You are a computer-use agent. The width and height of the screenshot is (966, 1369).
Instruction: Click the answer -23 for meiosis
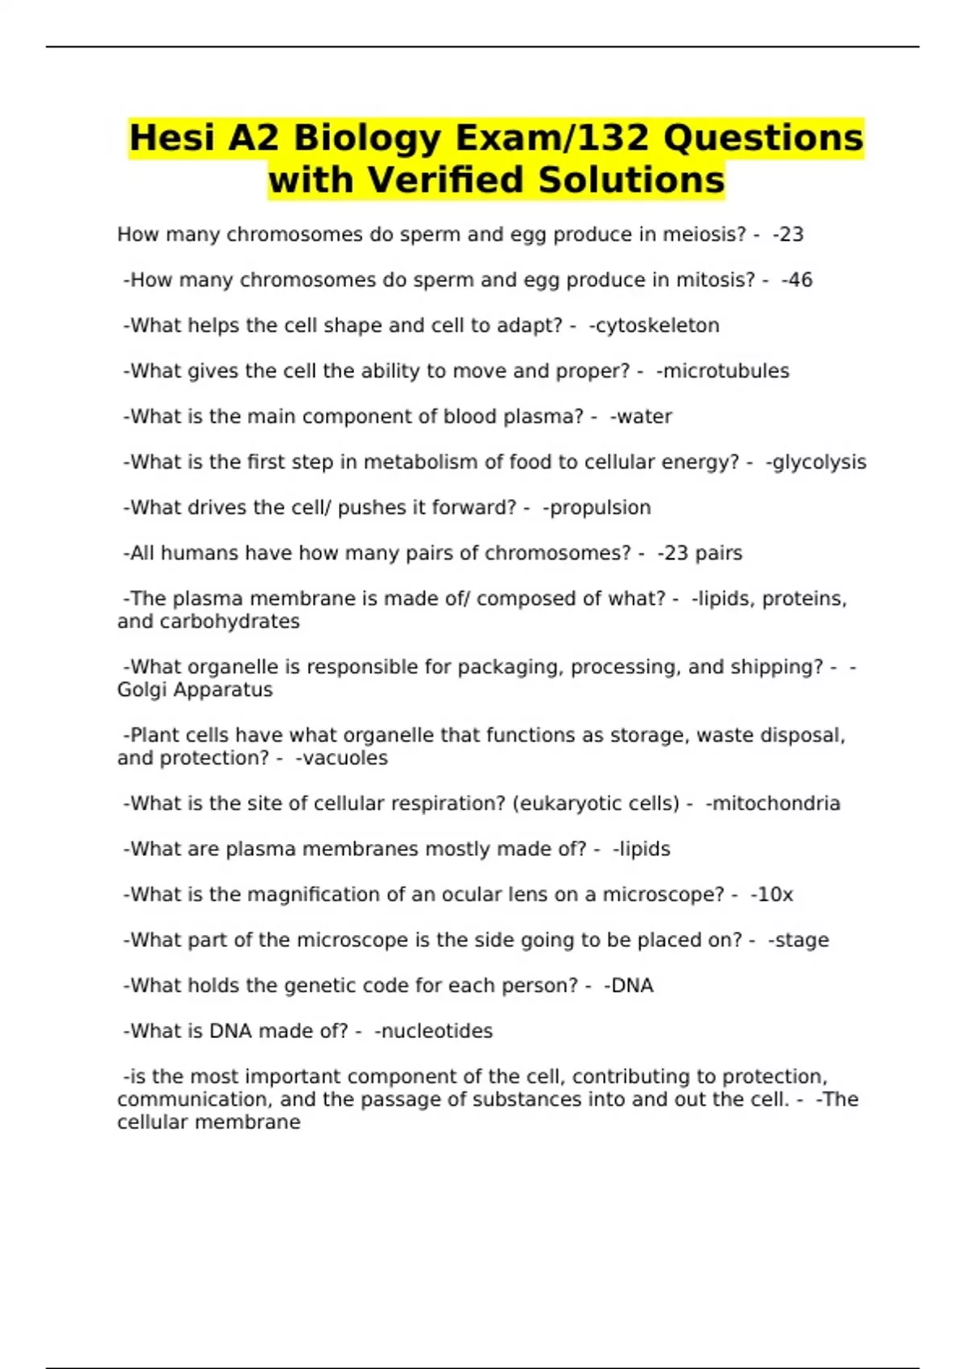click(x=788, y=234)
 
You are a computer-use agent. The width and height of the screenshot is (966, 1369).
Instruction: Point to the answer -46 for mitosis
click(x=797, y=280)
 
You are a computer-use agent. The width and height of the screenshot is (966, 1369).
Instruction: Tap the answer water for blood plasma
click(x=642, y=416)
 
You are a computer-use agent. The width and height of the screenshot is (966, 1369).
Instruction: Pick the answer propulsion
click(x=597, y=508)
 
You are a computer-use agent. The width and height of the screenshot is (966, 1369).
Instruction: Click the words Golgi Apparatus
click(x=195, y=690)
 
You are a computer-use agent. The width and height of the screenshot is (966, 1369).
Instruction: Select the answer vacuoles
click(x=342, y=759)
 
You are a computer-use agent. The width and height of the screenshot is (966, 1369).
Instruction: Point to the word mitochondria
click(x=774, y=804)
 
